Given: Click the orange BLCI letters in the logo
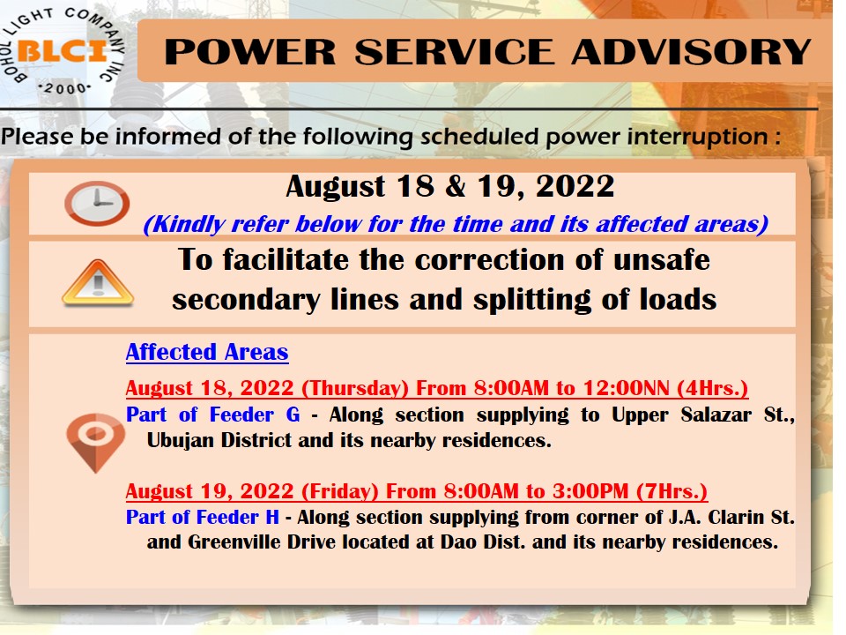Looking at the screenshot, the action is tap(61, 52).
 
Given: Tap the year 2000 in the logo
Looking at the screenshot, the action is tap(64, 88).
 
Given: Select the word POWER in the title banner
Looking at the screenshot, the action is tap(249, 52).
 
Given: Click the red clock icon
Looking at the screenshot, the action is tap(97, 203).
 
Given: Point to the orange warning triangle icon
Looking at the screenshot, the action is tap(98, 283).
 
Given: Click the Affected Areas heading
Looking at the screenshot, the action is tap(207, 352).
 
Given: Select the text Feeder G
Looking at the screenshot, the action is tap(255, 415).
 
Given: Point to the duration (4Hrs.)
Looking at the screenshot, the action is tap(712, 388).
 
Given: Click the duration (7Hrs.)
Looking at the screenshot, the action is tap(672, 491).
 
